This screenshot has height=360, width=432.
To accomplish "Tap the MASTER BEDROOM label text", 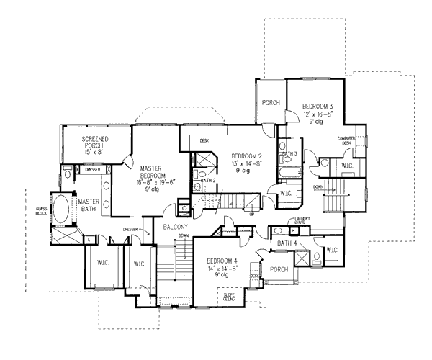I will tap(154, 172).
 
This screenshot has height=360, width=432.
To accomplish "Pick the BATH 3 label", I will tap(290, 153).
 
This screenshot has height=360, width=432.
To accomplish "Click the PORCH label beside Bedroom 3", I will tap(271, 102).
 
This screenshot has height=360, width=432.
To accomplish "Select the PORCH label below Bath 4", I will tap(279, 270).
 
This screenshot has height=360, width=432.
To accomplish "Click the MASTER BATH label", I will tap(89, 206).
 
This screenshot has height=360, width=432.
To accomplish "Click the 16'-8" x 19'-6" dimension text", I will tap(154, 184).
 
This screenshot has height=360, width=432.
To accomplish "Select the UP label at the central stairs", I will tap(251, 214).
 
